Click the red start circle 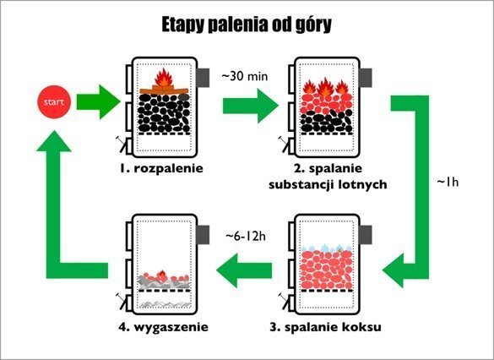pyautogui.click(x=54, y=101)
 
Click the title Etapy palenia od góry pyautogui.click(x=247, y=25)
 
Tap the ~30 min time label pyautogui.click(x=245, y=76)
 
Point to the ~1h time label pyautogui.click(x=448, y=183)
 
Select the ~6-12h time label pyautogui.click(x=246, y=237)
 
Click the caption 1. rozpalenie pyautogui.click(x=161, y=168)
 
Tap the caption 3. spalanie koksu pyautogui.click(x=325, y=327)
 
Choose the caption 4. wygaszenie pyautogui.click(x=164, y=327)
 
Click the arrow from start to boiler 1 pyautogui.click(x=98, y=101)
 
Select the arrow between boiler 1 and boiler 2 pyautogui.click(x=251, y=106)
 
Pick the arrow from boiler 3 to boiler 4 pyautogui.click(x=244, y=270)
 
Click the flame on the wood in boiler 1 pyautogui.click(x=164, y=78)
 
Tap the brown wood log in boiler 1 pyautogui.click(x=164, y=90)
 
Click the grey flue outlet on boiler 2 pyautogui.click(x=366, y=78)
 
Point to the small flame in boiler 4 pyautogui.click(x=162, y=275)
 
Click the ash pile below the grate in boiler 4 pyautogui.click(x=166, y=304)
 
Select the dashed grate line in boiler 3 pyautogui.click(x=327, y=291)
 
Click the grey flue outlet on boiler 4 pyautogui.click(x=203, y=235)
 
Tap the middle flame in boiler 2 pyautogui.click(x=325, y=87)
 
